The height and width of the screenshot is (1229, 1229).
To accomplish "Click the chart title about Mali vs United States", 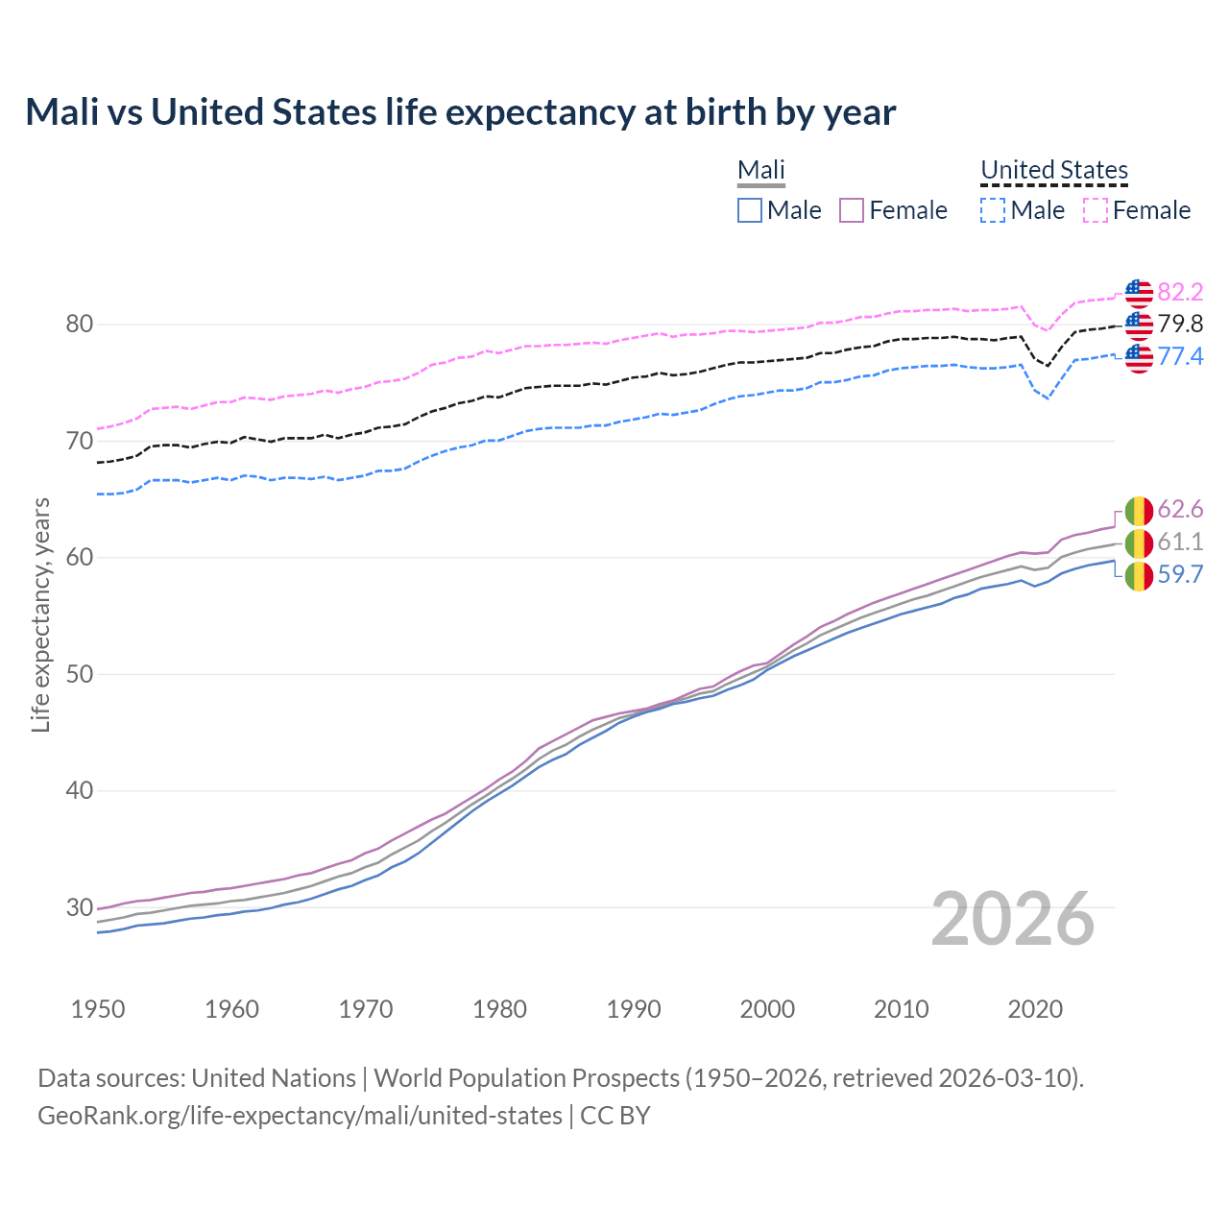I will click(461, 112).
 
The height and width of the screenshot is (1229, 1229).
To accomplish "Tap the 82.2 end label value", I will click(1180, 292).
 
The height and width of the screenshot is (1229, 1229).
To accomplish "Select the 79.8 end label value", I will click(1180, 325).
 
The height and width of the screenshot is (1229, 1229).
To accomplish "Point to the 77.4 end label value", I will click(1180, 357).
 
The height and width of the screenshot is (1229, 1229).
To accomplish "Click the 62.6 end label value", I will click(1180, 509).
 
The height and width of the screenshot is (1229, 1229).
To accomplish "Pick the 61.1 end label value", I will click(1180, 542).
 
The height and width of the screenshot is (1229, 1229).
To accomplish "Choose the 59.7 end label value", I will click(1180, 574).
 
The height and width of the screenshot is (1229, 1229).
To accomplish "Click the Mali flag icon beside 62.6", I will click(1139, 510).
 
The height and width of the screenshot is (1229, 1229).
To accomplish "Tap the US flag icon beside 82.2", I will click(1139, 293).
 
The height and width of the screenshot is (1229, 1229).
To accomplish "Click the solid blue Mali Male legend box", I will click(750, 210).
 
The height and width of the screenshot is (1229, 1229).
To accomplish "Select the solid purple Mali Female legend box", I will click(852, 210).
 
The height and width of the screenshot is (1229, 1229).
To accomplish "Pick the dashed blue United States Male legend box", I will click(993, 210).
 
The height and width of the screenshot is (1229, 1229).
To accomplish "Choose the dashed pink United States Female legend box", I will click(1096, 210).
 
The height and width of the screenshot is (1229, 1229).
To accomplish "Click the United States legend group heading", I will click(1054, 170).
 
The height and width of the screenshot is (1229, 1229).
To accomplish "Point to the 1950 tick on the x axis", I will click(98, 1009).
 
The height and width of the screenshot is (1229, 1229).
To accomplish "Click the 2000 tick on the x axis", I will click(767, 1009).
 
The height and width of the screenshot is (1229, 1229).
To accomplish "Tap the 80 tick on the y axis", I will click(80, 325).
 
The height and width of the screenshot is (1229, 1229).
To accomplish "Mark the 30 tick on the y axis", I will click(80, 907).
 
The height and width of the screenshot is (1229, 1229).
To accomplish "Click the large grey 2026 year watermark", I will click(1013, 919).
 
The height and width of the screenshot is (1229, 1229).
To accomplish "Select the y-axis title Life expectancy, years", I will click(40, 614).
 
